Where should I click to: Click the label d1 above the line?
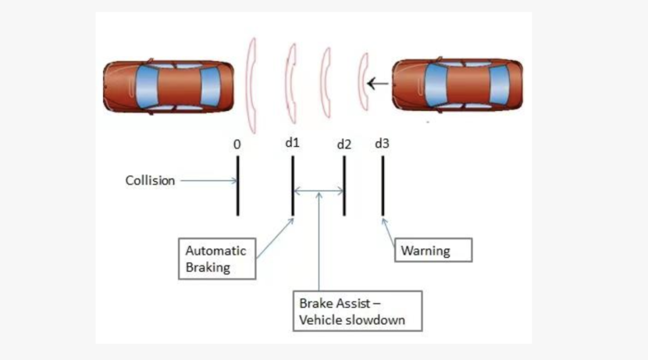tap(293, 143)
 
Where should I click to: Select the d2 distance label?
tap(344, 144)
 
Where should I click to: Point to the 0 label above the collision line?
tap(237, 144)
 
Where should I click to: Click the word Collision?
tap(150, 180)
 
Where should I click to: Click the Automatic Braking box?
tap(215, 258)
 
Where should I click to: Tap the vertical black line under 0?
tap(237, 184)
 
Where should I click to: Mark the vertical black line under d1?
tap(292, 184)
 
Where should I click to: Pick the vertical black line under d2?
tap(344, 184)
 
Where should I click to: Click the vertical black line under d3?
tap(383, 184)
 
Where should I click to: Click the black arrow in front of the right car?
tap(378, 82)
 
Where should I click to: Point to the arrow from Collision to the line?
tap(207, 181)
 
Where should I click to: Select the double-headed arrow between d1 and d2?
tap(318, 190)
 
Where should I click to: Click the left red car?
tap(167, 86)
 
